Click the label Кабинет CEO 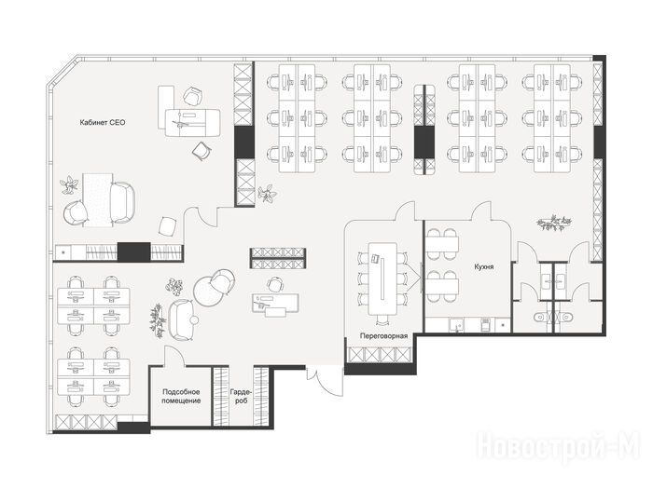tap(103, 123)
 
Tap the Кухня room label tap(484, 266)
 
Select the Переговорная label tap(383, 336)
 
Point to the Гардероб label tap(241, 396)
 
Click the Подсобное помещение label tap(181, 396)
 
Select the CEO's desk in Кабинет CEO tap(192, 122)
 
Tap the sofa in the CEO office tap(122, 203)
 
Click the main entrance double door tap(326, 380)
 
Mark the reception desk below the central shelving tap(275, 303)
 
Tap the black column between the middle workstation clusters tap(424, 143)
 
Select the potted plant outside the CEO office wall tap(267, 194)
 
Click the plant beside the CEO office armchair tap(70, 185)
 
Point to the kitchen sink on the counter tap(456, 325)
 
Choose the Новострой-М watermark tap(558, 447)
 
